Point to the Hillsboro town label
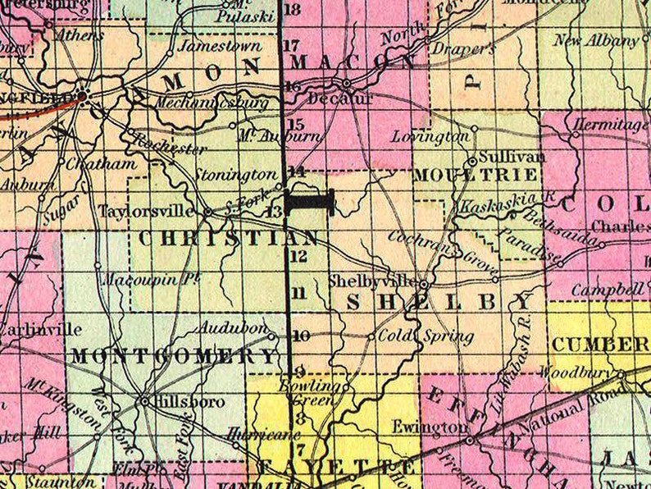tap(180, 402)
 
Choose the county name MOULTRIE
tap(476, 175)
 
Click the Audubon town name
tap(234, 328)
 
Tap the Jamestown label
tap(220, 46)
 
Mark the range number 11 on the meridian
tap(298, 292)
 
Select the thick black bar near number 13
tap(311, 200)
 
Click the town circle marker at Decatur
tap(347, 84)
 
